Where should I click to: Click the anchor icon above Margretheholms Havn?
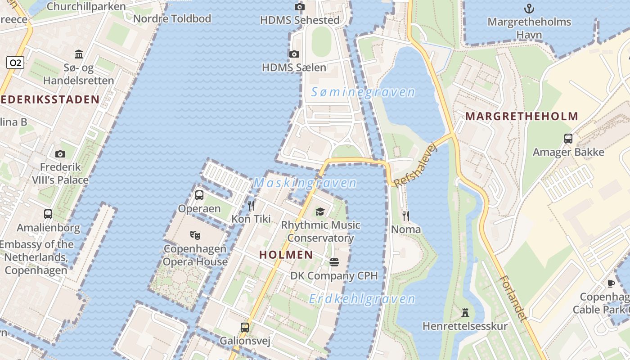[x=529, y=8]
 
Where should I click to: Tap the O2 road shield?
[x=15, y=63]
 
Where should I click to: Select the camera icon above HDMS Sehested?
[x=299, y=7]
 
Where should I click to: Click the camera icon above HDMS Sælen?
[x=294, y=54]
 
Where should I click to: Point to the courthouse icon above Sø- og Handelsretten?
[x=79, y=54]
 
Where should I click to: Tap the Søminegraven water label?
[x=363, y=92]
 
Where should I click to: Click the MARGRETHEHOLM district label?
[x=522, y=117]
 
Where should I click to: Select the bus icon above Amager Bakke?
[x=568, y=139]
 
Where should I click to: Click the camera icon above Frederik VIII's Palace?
[x=60, y=154]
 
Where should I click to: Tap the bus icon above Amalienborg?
[x=48, y=214]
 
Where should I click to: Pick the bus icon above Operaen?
[x=199, y=195]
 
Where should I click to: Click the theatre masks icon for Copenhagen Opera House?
[x=195, y=235]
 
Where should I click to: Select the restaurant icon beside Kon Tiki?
[x=251, y=206]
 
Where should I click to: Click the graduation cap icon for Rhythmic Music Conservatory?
[x=320, y=211]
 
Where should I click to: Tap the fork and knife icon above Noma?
[x=406, y=216]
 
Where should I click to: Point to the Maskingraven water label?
[x=305, y=183]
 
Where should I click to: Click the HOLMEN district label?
[x=286, y=255]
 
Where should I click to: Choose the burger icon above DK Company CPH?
[x=334, y=262]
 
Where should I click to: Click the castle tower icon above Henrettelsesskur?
[x=465, y=312]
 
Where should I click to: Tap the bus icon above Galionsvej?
[x=245, y=327]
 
